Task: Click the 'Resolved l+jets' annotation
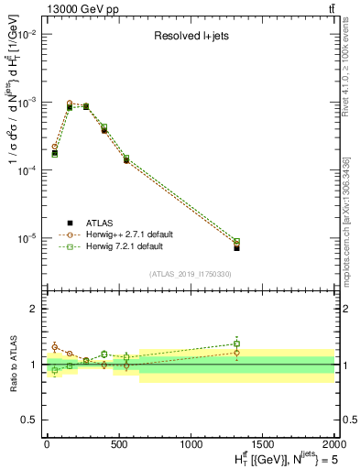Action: point(190,37)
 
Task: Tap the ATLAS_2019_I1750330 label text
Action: point(190,273)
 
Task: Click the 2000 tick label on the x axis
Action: point(334,442)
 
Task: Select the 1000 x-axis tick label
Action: point(191,442)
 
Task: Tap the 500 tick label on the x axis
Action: point(118,442)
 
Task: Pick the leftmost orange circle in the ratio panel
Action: point(55,347)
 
